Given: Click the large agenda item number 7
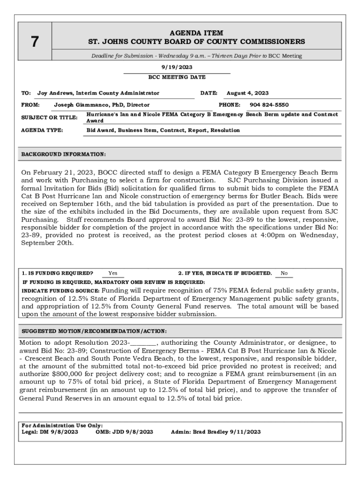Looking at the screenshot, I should (x=35, y=42).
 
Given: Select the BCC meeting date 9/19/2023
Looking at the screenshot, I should (x=177, y=67).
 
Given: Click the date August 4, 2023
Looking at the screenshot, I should (x=247, y=93).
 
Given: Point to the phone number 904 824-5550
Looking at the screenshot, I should (x=269, y=105).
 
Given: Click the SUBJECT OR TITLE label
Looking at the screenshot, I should (x=49, y=117).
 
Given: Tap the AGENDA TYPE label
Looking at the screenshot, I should (x=42, y=130).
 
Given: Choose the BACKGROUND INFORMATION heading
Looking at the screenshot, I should (x=64, y=154).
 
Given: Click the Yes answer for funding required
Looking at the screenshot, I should (x=113, y=273).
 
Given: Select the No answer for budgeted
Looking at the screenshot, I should (x=284, y=273).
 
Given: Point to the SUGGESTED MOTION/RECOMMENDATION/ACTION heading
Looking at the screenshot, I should (x=94, y=331).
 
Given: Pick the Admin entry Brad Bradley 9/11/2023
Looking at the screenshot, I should (x=216, y=432).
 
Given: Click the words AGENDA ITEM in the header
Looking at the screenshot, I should (x=196, y=33).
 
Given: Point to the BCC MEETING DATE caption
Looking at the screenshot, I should (x=177, y=77).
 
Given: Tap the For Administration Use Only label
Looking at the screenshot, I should (x=62, y=425).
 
